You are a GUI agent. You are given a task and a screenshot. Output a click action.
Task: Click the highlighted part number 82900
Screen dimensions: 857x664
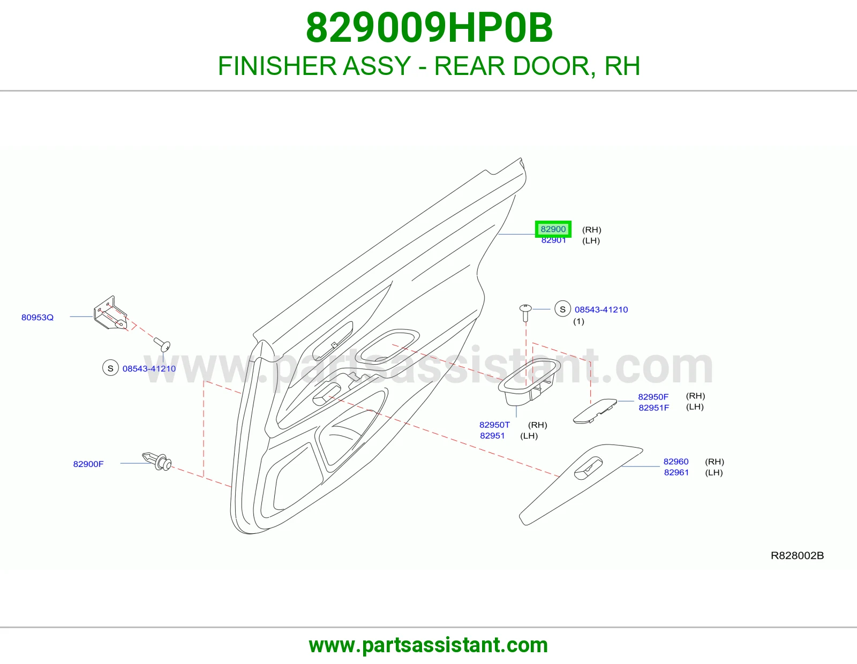coord(553,229)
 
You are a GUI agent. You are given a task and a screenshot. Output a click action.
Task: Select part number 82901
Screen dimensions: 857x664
coord(553,240)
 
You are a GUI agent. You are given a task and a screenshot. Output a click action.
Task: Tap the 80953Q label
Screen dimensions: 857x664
coord(37,318)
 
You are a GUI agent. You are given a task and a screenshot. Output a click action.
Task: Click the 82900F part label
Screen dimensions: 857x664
coord(88,464)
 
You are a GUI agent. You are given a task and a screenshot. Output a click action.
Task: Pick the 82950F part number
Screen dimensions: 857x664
coord(653,397)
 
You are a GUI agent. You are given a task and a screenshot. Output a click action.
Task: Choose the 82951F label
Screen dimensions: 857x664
coord(654,408)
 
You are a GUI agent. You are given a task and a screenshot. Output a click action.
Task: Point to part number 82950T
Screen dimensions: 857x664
coord(494,425)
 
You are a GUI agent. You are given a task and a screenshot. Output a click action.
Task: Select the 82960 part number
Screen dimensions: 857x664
coord(676,462)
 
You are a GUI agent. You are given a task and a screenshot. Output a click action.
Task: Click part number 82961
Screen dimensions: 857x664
coord(676,472)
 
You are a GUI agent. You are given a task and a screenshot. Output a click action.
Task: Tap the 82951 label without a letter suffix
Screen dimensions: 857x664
coord(492,436)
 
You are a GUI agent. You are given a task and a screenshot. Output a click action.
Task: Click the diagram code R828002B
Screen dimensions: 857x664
coord(798,556)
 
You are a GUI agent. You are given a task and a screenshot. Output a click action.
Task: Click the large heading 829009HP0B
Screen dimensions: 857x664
coord(429,28)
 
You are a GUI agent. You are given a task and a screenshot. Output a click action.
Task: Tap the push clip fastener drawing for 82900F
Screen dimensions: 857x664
coord(156,461)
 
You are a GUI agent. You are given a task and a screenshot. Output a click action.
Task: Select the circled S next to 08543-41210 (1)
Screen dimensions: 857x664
coord(563,309)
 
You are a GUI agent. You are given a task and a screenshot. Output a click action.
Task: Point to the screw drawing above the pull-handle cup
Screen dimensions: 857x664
coord(525,313)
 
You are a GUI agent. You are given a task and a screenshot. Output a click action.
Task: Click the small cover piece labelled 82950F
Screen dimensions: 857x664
coord(595,411)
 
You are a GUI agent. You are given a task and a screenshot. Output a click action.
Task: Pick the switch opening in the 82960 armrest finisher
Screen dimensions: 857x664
coord(589,469)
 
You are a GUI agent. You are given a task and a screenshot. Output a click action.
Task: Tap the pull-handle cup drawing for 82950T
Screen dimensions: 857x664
coord(529,382)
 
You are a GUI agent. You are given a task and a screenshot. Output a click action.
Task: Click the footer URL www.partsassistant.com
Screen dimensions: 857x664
coord(428,645)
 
